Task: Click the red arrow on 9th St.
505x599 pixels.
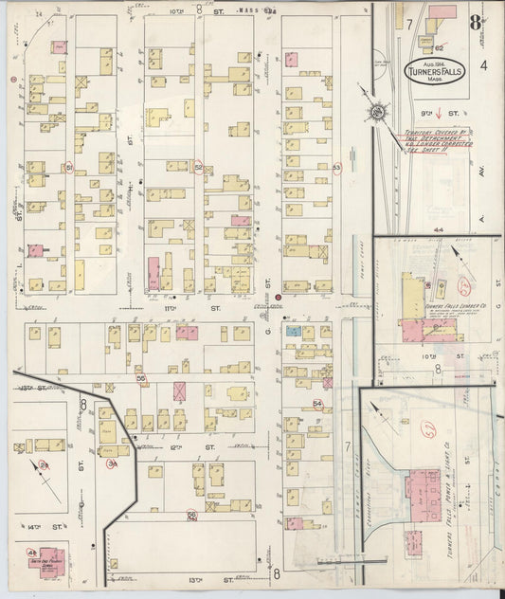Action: point(425,110)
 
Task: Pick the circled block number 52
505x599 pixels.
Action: point(198,168)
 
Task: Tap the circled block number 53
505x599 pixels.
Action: point(336,168)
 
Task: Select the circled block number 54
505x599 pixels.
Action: point(318,404)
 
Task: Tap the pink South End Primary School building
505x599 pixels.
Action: point(52,559)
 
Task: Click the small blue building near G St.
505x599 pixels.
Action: point(294,332)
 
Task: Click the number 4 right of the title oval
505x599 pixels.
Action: point(482,65)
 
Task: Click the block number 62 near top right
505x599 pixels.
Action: point(439,45)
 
